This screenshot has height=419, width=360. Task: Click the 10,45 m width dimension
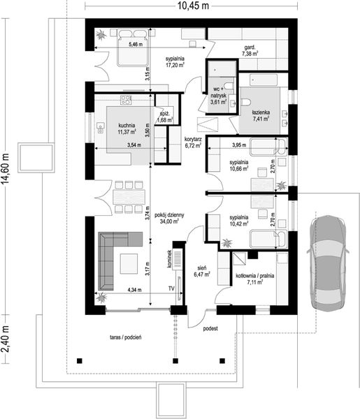point(193,6)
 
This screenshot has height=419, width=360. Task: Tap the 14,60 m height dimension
point(6,168)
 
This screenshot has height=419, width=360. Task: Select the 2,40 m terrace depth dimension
point(6,339)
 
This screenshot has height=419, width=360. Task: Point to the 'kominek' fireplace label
point(169,258)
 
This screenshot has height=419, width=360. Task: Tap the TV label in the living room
point(171,288)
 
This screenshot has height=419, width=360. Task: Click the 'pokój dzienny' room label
point(169,215)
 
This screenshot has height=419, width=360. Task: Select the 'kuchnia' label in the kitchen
point(127,125)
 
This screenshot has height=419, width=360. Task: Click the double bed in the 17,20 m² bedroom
point(133,47)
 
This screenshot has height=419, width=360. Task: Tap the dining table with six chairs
point(129,197)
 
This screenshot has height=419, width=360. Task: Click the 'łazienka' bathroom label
point(261,112)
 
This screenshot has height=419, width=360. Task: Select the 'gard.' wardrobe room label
point(250,47)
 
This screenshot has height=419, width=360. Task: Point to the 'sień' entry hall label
point(201,268)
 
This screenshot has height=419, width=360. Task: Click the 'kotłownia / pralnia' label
point(255,276)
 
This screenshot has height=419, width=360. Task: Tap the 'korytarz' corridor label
point(193,139)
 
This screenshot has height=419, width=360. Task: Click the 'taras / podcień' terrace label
point(126,337)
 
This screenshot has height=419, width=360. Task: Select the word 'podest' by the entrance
point(210,328)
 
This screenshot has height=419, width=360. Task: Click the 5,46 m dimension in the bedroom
point(136,45)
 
